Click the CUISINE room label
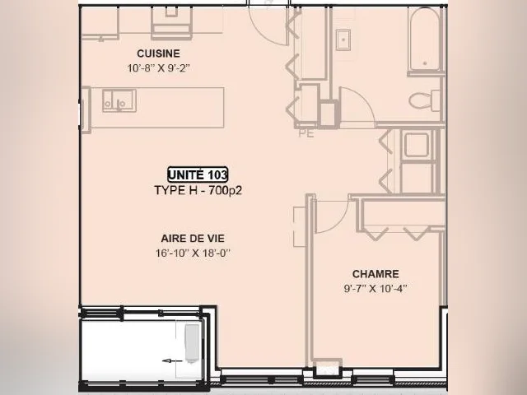click(158, 53)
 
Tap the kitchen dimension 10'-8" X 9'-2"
click(158, 68)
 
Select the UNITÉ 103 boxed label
click(198, 174)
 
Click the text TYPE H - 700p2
click(198, 190)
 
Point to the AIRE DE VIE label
click(193, 239)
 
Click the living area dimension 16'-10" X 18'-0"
click(193, 253)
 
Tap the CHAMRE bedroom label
click(375, 274)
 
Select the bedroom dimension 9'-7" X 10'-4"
click(375, 289)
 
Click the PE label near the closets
click(306, 133)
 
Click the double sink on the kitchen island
click(119, 100)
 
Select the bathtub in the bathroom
click(425, 39)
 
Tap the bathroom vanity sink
click(343, 40)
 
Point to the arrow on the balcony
click(172, 361)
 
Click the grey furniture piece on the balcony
click(193, 343)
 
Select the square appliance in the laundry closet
click(417, 145)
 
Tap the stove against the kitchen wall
click(172, 22)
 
